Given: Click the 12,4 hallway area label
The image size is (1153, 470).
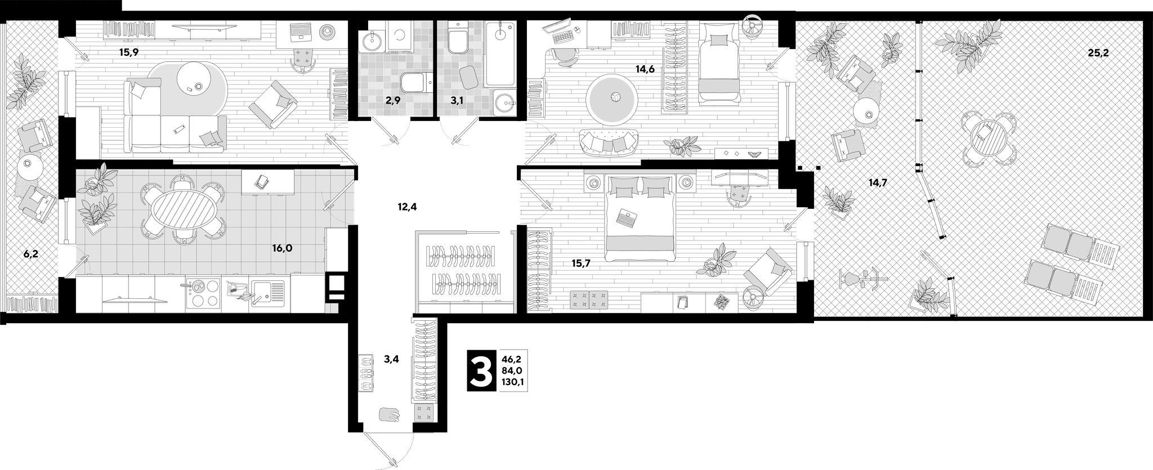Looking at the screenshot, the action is pyautogui.click(x=407, y=207).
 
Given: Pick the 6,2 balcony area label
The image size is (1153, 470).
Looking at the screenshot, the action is pyautogui.click(x=31, y=254).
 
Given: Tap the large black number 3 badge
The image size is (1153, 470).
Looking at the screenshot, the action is pyautogui.click(x=481, y=370).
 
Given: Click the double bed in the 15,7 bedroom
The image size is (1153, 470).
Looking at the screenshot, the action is pyautogui.click(x=640, y=217).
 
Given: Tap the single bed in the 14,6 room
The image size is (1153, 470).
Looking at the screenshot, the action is pyautogui.click(x=718, y=62).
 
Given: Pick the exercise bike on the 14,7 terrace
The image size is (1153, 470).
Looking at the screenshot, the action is pyautogui.click(x=861, y=279).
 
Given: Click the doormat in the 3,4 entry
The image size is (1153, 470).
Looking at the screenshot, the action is pyautogui.click(x=389, y=415).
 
